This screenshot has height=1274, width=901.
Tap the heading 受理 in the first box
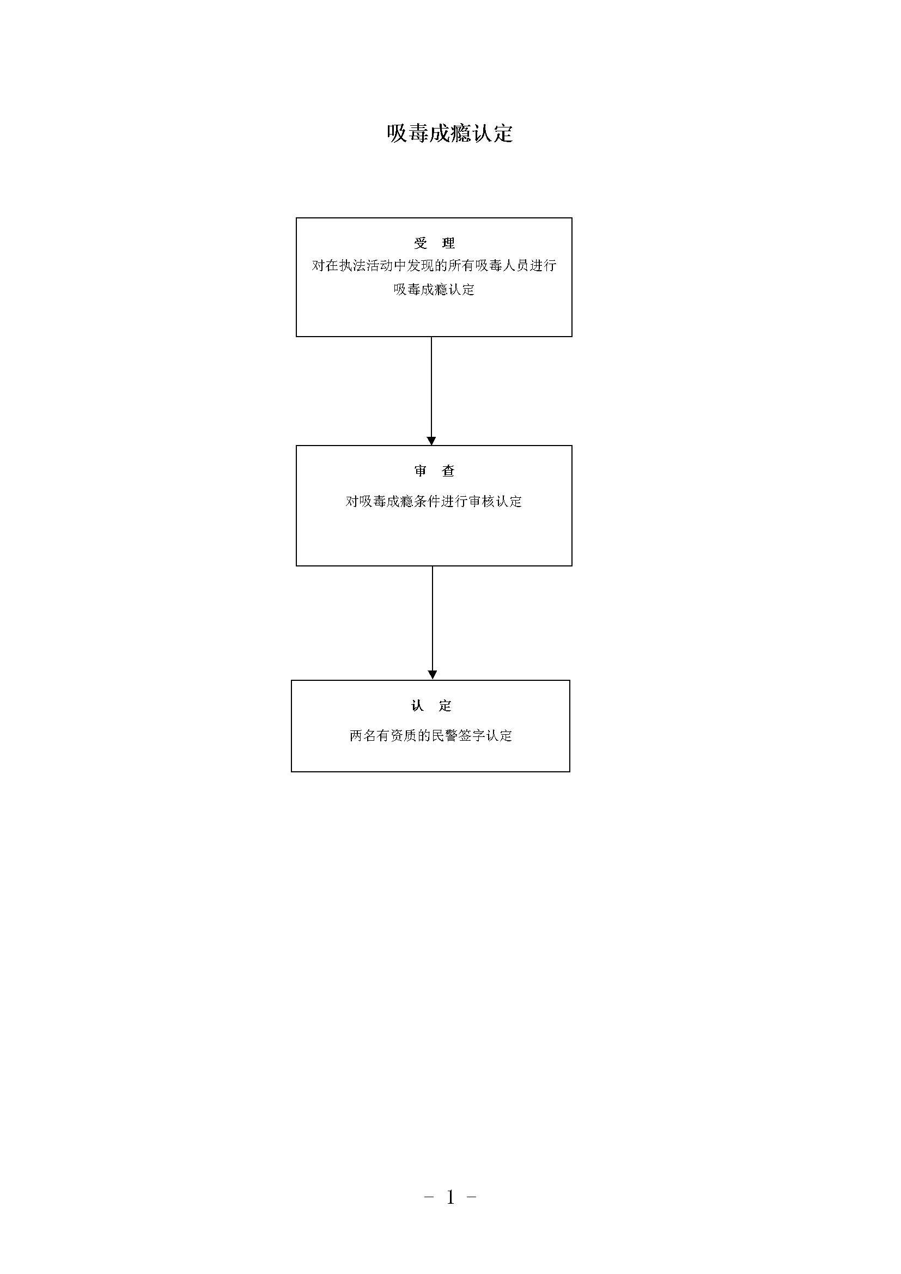[x=434, y=243]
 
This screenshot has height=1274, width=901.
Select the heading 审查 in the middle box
[x=434, y=471]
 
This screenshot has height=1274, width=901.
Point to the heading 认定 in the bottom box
[x=431, y=706]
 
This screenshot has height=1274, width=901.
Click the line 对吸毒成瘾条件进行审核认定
[x=434, y=502]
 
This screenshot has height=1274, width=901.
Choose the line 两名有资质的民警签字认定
[x=431, y=736]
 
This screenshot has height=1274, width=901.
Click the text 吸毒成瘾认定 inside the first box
[x=434, y=289]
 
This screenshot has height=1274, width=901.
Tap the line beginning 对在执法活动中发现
[x=434, y=266]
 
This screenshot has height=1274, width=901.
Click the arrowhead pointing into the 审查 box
[x=431, y=441]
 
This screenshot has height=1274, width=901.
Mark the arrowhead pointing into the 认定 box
[x=433, y=675]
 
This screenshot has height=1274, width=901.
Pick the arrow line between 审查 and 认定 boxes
[x=433, y=622]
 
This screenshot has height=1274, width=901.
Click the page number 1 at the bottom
[x=450, y=1197]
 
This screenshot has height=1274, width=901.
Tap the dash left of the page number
[x=428, y=1197]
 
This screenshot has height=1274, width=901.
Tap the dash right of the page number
[x=472, y=1197]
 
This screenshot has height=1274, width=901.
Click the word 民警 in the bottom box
[x=445, y=736]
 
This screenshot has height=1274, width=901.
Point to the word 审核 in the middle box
[x=482, y=502]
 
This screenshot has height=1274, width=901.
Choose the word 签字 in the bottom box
[x=472, y=736]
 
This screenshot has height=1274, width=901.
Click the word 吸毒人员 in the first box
[x=502, y=266]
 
